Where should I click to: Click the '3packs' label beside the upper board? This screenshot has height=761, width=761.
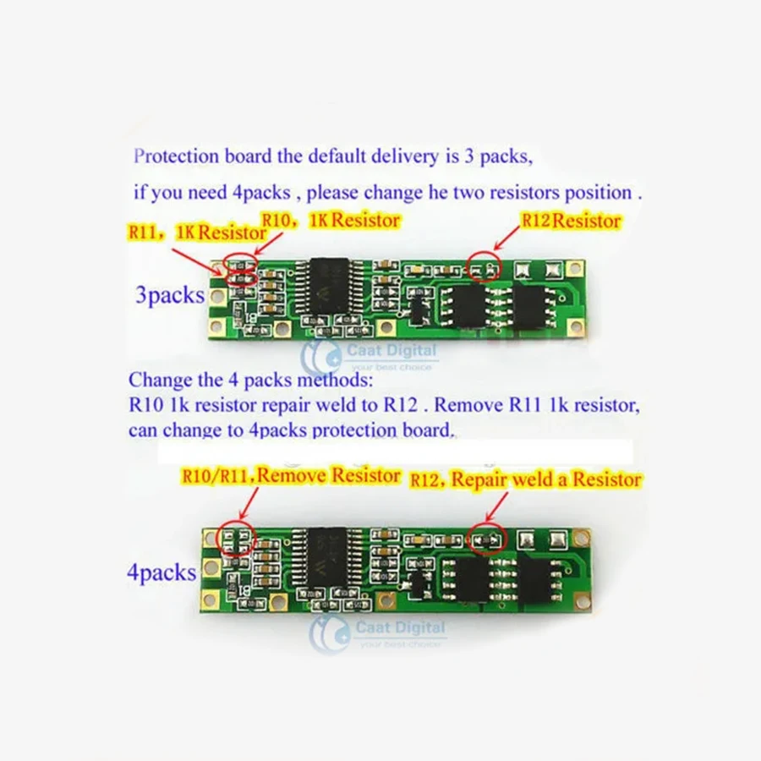point(170,296)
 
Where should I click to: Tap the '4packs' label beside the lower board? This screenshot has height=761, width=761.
point(162,572)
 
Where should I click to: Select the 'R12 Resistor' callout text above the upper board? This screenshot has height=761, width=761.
point(571,222)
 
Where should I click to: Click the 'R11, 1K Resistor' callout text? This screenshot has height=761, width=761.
point(185,231)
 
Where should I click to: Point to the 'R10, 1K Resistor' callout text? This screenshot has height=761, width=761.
point(331,220)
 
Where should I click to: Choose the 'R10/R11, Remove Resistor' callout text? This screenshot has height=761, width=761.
point(291,476)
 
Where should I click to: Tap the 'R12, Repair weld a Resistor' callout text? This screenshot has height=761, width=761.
point(525,479)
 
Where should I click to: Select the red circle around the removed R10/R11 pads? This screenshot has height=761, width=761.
point(236,539)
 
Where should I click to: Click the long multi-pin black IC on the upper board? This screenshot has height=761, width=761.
point(331,287)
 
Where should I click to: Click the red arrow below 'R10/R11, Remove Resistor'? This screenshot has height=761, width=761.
point(246,502)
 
